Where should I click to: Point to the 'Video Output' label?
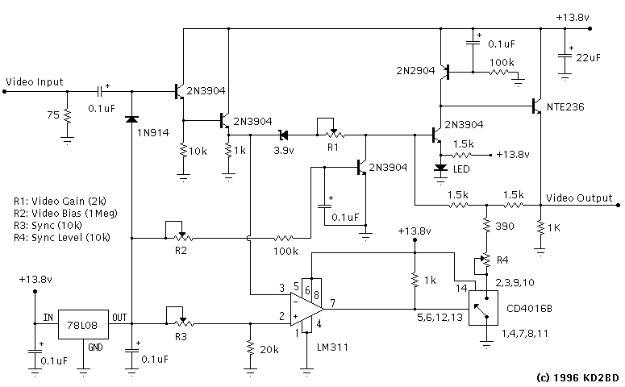click(x=578, y=198)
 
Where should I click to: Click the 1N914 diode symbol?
click(x=131, y=119)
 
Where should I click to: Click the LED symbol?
click(x=440, y=169)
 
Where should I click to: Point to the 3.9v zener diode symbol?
click(x=283, y=135)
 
